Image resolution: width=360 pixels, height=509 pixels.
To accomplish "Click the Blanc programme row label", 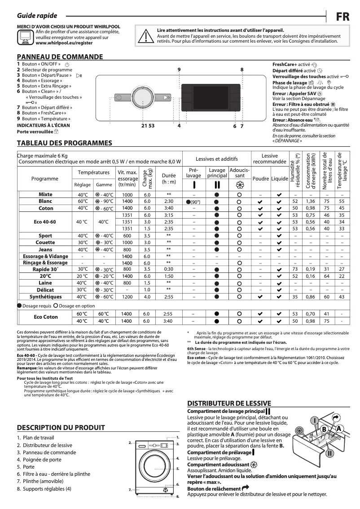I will [45, 202].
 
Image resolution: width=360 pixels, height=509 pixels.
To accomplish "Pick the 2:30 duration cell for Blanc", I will [169, 202].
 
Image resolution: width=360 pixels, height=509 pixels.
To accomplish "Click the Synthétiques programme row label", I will [45, 297].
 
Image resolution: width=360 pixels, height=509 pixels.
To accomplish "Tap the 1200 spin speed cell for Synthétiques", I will [127, 297].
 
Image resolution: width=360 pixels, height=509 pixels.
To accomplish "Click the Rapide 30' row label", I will [45, 269].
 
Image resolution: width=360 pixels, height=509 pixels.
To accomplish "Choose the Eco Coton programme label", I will [45, 317].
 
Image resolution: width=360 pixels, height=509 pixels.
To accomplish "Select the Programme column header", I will [45, 179].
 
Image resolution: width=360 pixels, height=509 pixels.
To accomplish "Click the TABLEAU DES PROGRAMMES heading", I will [64, 143].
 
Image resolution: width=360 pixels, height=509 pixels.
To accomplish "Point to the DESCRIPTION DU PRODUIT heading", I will [61, 427].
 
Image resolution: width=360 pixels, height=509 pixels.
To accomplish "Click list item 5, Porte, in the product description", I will [26, 467].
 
